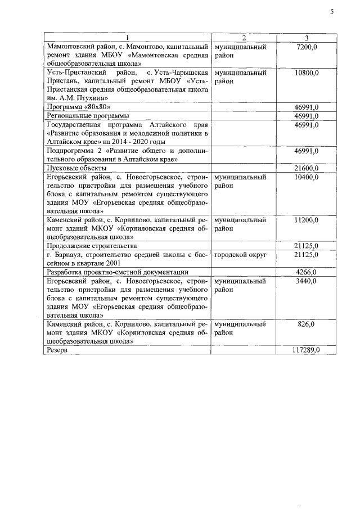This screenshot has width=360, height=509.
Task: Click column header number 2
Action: [x=244, y=38]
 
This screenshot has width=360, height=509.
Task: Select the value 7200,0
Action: [x=306, y=47]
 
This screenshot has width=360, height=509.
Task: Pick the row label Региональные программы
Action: [x=80, y=116]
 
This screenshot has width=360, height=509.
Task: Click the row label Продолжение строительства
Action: [x=91, y=246]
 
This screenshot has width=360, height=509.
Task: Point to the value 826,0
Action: [x=308, y=324]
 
